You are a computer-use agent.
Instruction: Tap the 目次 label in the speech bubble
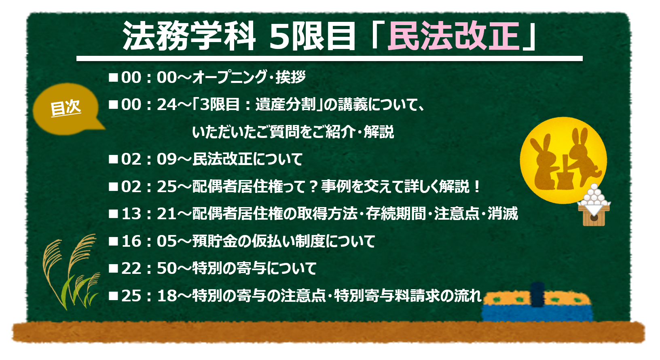click(x=66, y=108)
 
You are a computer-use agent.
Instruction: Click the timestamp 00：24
click(x=149, y=105)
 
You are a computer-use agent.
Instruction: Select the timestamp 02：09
click(x=149, y=159)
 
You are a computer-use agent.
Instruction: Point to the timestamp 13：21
click(x=149, y=214)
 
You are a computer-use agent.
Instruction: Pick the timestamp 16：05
click(x=149, y=241)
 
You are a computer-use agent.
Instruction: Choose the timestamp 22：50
click(x=149, y=268)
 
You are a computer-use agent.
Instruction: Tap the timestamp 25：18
click(x=149, y=295)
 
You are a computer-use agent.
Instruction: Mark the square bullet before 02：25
click(x=113, y=186)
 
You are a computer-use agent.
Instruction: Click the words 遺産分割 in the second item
click(x=285, y=105)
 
